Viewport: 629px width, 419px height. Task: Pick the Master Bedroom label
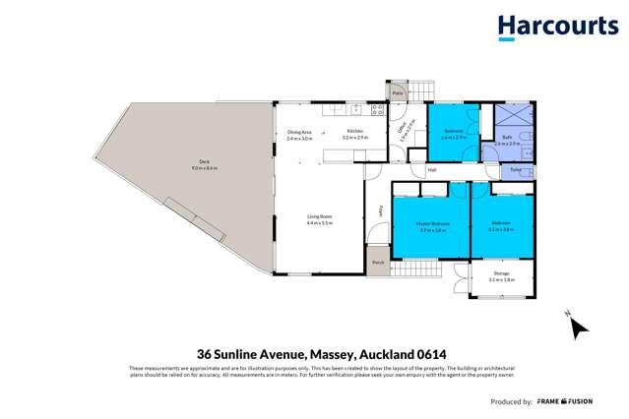[x=434, y=225]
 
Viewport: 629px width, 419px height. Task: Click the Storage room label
[x=501, y=274]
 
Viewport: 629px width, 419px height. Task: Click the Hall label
[x=432, y=170]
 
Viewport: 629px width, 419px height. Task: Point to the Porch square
[x=379, y=263]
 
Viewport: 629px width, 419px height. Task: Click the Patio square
[x=399, y=92]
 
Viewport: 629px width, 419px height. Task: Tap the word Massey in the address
[x=334, y=354]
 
